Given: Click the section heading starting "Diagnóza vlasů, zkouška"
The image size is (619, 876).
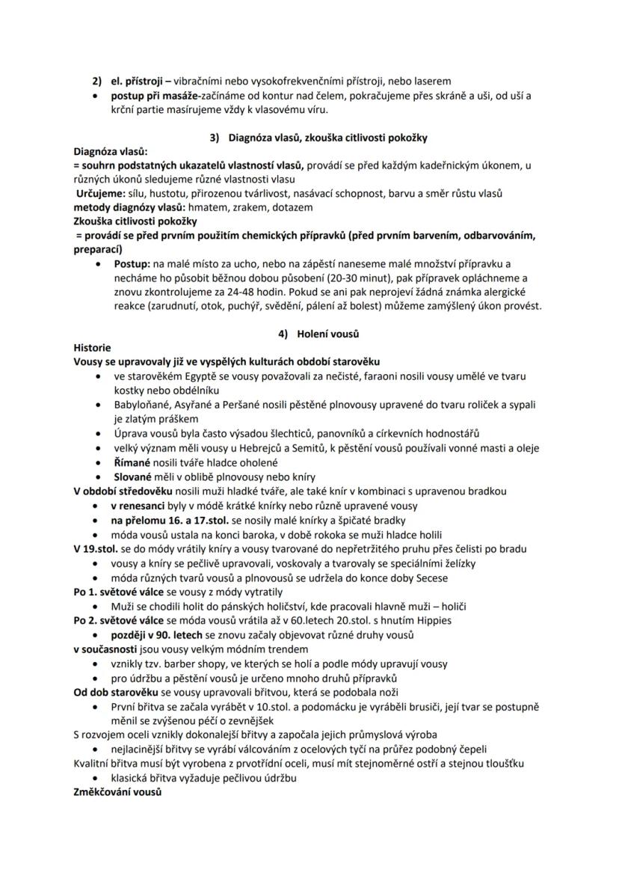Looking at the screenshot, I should (328, 138).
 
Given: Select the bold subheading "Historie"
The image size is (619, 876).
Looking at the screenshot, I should (93, 348).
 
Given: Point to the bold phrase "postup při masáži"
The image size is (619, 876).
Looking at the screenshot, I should (154, 96).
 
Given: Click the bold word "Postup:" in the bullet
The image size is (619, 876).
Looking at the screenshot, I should (132, 264).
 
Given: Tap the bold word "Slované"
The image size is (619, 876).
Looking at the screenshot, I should (133, 477).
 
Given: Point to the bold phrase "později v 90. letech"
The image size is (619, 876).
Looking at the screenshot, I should (164, 634).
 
